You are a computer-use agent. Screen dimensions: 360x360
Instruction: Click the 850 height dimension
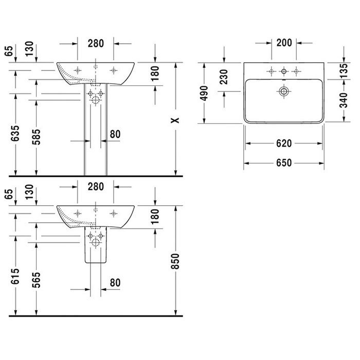pos(175,261)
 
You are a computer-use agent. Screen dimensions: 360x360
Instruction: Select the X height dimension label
pos(175,120)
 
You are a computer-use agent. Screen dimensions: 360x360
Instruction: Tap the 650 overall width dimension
pos(284,163)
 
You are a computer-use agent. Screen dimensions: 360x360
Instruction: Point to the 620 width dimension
pos(284,143)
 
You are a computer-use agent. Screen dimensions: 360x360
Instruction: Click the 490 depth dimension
pos(204,93)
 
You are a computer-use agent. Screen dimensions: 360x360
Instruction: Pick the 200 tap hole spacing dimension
pos(284,43)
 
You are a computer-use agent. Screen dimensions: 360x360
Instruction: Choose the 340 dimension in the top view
pos(344,100)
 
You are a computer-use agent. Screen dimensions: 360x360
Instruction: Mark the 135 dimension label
pos(344,71)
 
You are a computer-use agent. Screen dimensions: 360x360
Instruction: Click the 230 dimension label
pos(223,77)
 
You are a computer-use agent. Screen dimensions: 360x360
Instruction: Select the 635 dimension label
pos(15,133)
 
